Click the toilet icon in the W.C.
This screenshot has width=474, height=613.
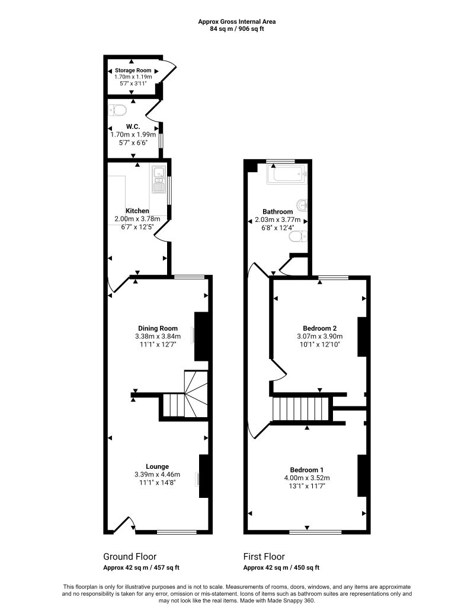click(x=119, y=110)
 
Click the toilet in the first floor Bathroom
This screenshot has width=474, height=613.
click(x=296, y=237)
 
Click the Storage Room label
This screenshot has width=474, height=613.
click(x=133, y=70)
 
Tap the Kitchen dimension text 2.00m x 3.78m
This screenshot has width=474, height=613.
click(x=137, y=218)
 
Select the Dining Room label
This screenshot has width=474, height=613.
click(x=158, y=328)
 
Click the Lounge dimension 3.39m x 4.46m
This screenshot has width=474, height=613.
click(x=158, y=474)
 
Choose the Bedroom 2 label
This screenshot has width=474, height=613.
click(x=320, y=328)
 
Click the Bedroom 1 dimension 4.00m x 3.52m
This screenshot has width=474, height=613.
click(x=307, y=477)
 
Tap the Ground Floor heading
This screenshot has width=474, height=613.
click(x=130, y=557)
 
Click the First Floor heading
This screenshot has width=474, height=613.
click(x=264, y=557)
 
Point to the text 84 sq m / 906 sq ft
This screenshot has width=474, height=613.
click(x=237, y=28)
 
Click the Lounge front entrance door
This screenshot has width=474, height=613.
click(x=124, y=525)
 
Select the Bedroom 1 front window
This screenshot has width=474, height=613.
click(x=315, y=532)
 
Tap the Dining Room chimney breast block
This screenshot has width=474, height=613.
click(x=202, y=336)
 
